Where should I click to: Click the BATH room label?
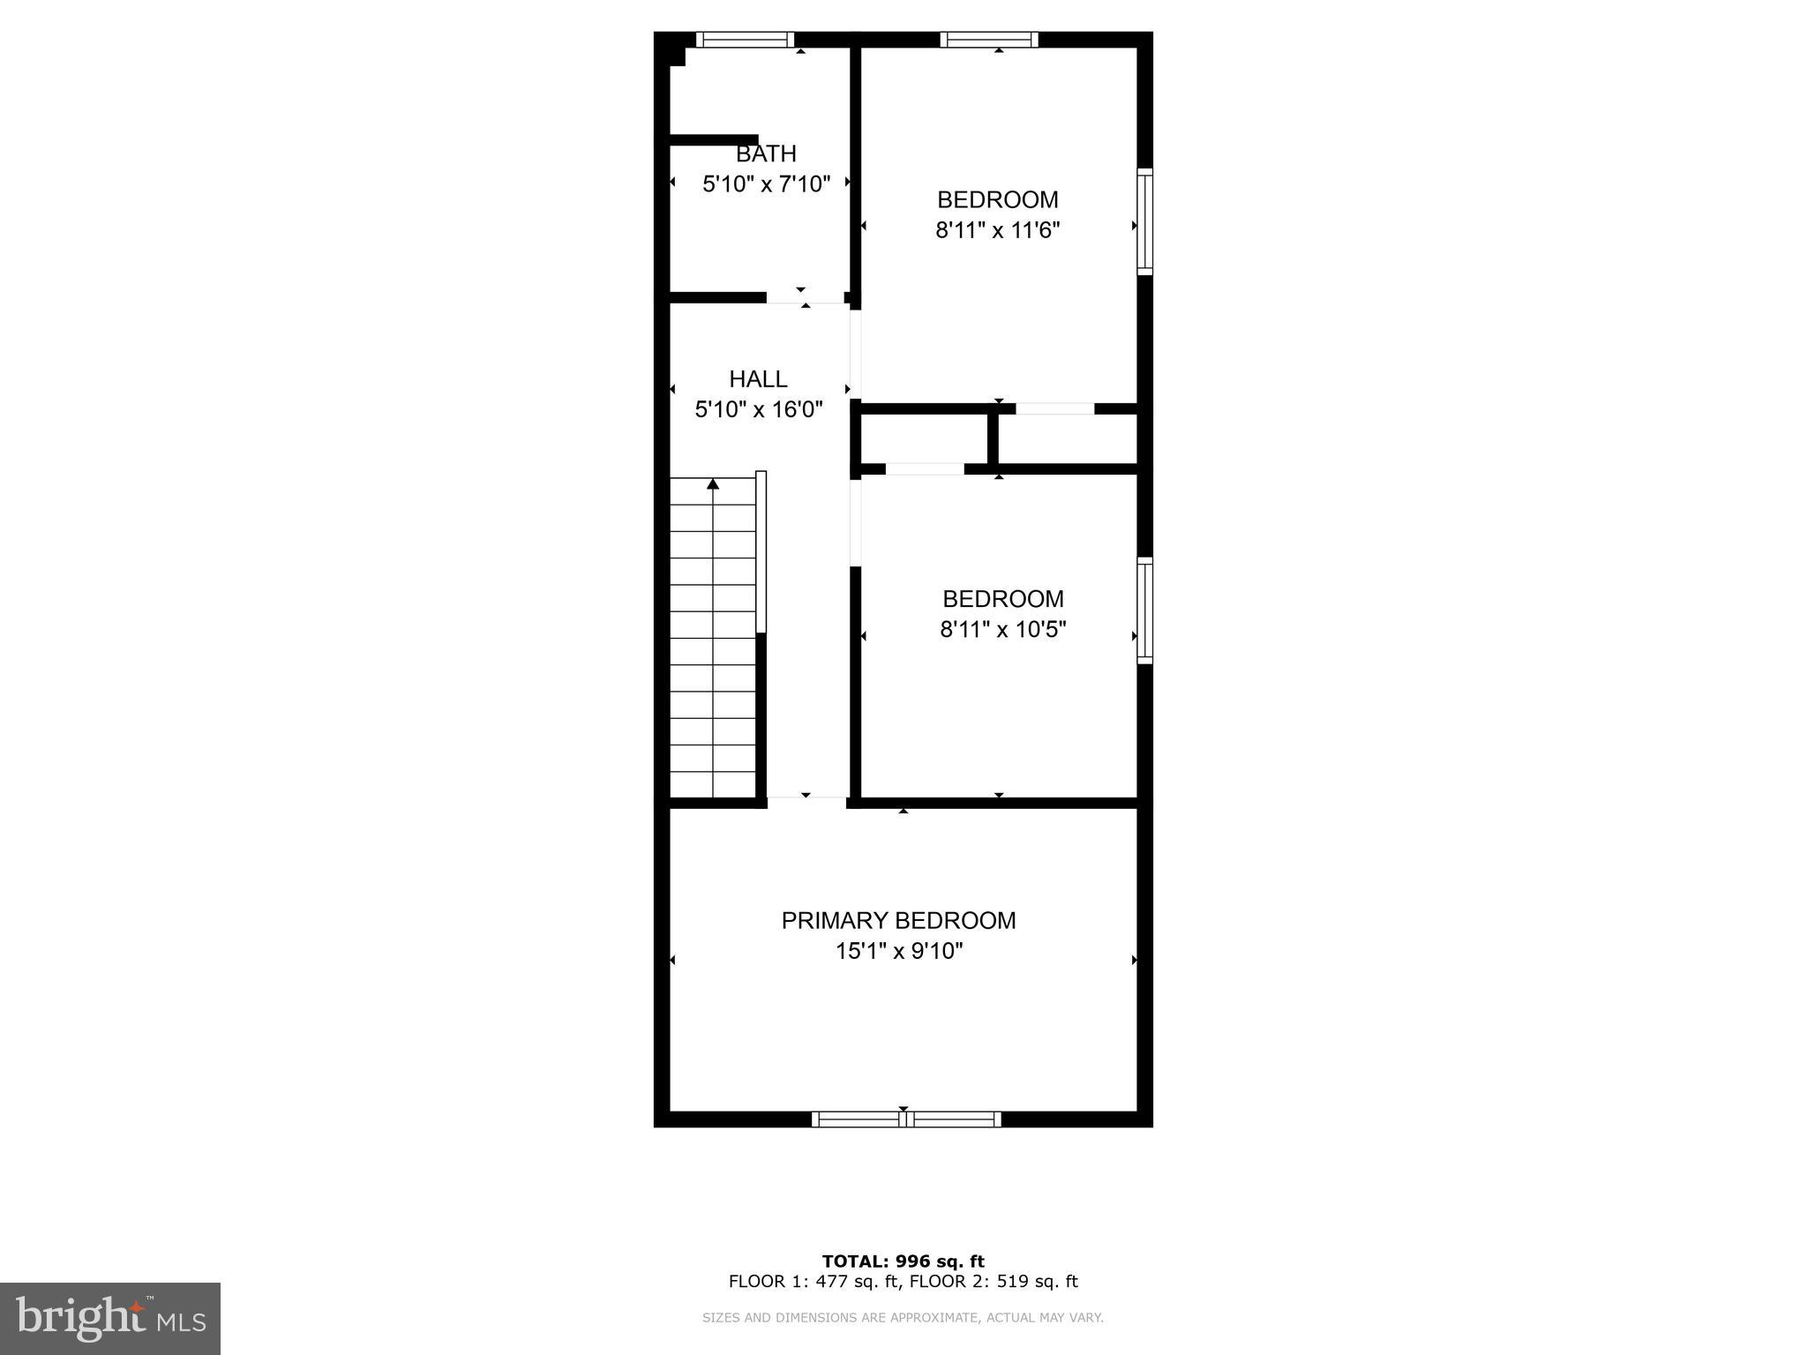click(x=766, y=153)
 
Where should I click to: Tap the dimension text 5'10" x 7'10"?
click(x=766, y=184)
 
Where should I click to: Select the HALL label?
click(x=758, y=379)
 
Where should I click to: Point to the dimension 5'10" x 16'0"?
click(x=758, y=409)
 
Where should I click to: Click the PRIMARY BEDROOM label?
click(x=898, y=921)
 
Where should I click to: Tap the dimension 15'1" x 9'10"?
click(x=898, y=951)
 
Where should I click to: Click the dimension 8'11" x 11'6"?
click(x=997, y=230)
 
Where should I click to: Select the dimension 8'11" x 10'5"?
click(x=1003, y=630)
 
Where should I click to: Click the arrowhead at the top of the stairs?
click(x=713, y=483)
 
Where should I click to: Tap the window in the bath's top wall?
click(x=745, y=39)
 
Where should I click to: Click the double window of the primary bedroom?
click(x=906, y=1119)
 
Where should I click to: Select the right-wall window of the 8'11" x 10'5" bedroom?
click(x=1144, y=610)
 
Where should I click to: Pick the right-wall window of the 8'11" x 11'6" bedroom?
click(x=1144, y=221)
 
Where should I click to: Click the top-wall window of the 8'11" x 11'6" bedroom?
click(x=988, y=39)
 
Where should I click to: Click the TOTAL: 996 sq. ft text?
click(x=903, y=1261)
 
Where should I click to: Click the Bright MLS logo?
click(x=110, y=1318)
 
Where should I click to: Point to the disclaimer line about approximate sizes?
click(x=903, y=1318)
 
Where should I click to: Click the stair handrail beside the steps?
click(x=761, y=551)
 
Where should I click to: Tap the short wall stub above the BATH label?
click(x=713, y=139)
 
